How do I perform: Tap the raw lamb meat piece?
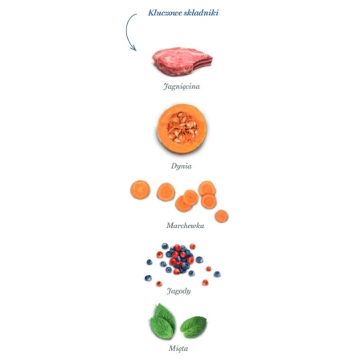coord(182,62)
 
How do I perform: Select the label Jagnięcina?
coord(182,86)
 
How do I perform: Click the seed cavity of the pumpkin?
coord(182,127)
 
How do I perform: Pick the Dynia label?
coord(182,166)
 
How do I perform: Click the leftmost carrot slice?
coord(140,190)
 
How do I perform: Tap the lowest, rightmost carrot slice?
coord(222,216)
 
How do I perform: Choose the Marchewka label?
coord(186,226)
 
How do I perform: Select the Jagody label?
coord(178,290)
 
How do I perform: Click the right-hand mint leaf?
coord(194,326)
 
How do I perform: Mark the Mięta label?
coord(178,348)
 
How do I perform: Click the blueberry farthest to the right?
coord(217,274)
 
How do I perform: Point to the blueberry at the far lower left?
coord(148,278)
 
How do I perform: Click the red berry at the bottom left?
coord(159,283)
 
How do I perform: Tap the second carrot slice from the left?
coord(166,192)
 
